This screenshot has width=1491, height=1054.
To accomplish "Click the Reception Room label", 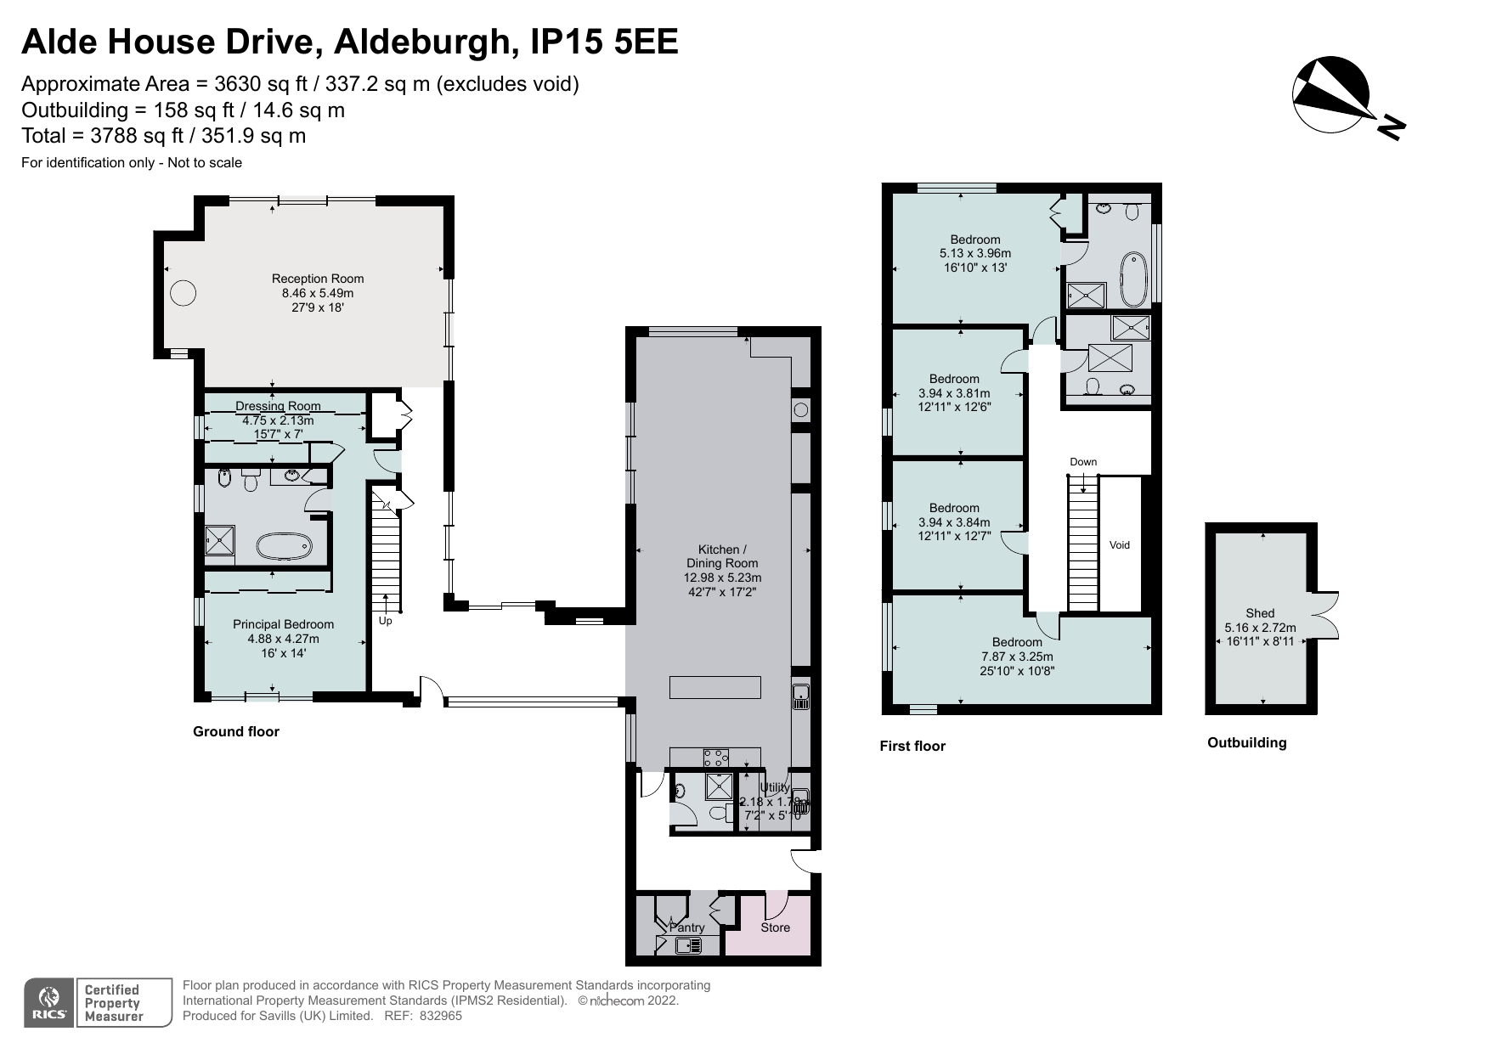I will point(317,279).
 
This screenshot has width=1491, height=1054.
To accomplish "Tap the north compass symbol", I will point(1331,95).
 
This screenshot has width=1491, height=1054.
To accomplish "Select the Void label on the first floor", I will point(1119,545).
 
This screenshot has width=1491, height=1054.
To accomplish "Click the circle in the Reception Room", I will point(183,293).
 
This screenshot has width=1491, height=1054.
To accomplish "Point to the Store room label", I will point(775,927).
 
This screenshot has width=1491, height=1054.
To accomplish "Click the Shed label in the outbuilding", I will point(1260,613).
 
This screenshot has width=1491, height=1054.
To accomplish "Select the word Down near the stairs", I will point(1083,462).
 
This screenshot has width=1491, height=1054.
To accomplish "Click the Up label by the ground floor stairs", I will point(385,621).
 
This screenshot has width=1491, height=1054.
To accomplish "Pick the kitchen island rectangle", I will point(714,687).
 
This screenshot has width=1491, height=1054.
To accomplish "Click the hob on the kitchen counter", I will point(716,756).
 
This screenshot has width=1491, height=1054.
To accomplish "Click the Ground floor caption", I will point(235,731).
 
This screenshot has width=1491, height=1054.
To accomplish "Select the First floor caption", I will point(912,746).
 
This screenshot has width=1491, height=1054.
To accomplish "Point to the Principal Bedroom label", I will point(283,624).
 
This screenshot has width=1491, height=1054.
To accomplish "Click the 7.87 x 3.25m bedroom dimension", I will point(1017,657).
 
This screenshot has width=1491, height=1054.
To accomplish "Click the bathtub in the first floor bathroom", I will point(1132,279).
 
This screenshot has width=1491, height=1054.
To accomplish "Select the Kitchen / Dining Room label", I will point(722,556).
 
